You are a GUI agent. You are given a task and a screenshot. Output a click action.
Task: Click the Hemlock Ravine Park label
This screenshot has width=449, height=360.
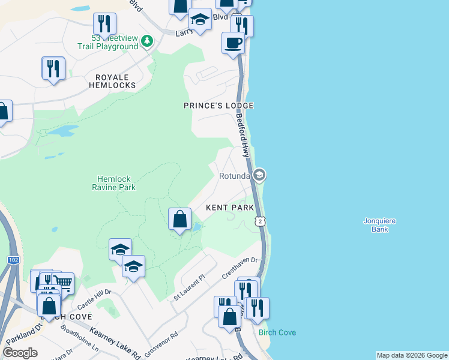[x=116, y=183]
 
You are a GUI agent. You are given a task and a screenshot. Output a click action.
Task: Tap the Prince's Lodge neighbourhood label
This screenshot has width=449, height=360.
[x=218, y=106]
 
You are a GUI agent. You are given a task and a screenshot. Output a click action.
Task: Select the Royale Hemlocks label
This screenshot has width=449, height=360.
[x=112, y=82]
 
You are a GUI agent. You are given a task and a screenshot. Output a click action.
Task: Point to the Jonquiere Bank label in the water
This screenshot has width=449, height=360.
[x=380, y=224]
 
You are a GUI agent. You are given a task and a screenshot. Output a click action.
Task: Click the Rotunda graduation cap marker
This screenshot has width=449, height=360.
[x=259, y=175]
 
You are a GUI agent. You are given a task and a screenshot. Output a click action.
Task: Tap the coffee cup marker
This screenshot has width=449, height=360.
[x=233, y=43]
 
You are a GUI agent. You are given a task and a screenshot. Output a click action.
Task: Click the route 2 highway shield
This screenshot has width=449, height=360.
[x=260, y=222]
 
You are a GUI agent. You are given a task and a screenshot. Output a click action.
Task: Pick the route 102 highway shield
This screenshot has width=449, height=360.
[x=13, y=260]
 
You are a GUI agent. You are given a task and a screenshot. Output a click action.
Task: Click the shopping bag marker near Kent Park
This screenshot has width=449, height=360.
[x=180, y=219]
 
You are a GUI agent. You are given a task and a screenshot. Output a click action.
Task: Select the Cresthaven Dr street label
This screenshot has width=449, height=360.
[x=240, y=268]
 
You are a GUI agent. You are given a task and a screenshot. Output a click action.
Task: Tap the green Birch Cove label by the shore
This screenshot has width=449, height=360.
[x=277, y=332]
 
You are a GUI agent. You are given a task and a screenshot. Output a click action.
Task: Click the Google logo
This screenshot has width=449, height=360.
[x=20, y=353]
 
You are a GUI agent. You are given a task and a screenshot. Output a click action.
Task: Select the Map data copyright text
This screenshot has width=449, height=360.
[x=412, y=355]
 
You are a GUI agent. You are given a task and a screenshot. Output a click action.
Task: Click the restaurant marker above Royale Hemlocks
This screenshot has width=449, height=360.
[x=53, y=68]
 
